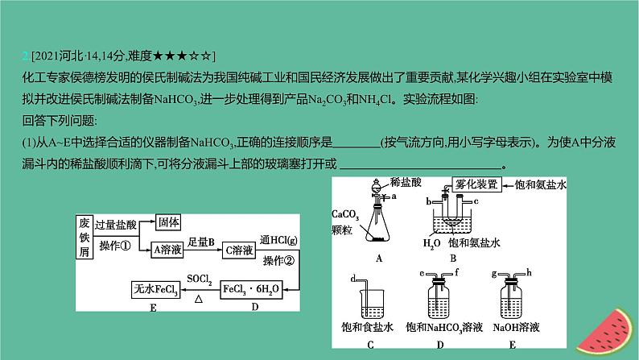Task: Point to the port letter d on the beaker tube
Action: coord(353,279)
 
